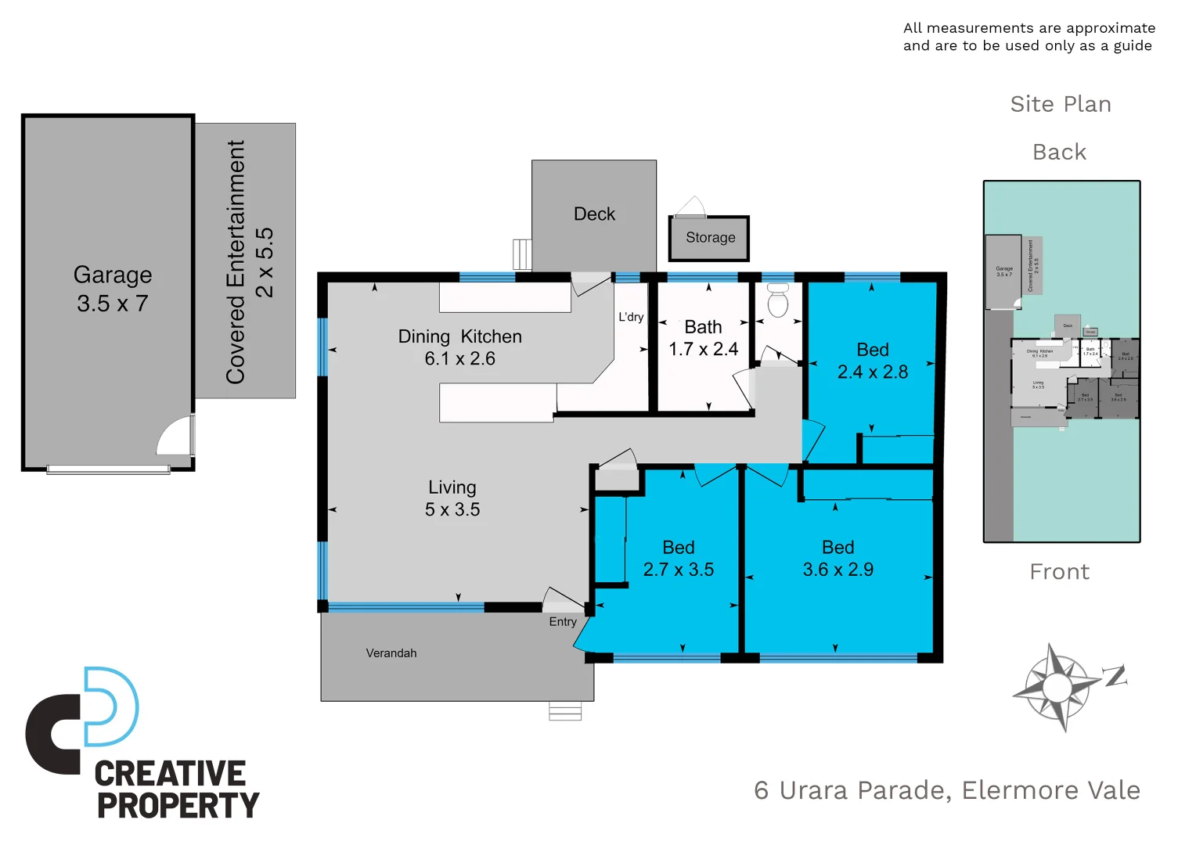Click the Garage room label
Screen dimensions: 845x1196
113,289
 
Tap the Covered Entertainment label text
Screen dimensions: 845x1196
248,262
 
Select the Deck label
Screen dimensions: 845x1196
594,214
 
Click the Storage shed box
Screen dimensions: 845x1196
709,238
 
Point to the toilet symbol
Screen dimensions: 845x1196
777,300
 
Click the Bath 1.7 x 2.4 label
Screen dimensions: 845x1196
703,338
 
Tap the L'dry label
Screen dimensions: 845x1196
631,317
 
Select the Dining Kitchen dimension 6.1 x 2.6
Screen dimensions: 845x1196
459,359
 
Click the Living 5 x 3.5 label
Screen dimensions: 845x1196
452,498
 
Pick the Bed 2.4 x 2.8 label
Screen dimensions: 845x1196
872,361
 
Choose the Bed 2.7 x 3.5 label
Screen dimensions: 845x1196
678,559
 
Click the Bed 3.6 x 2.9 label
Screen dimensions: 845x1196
838,559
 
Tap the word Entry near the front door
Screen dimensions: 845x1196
562,622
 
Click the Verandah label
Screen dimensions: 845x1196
391,653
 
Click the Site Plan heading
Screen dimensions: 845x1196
1061,104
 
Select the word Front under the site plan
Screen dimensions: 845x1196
1059,572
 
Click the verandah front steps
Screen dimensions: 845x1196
565,711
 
